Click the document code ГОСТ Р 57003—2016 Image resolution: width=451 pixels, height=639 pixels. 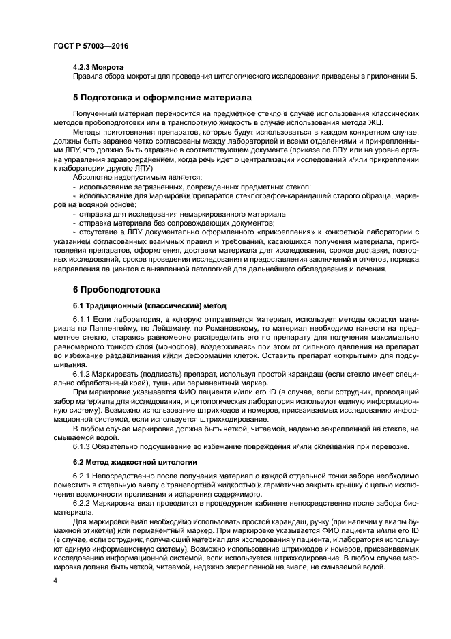coord(90,46)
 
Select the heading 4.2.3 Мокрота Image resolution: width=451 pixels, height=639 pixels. coord(98,68)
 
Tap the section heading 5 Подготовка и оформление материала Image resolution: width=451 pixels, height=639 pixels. coord(162,98)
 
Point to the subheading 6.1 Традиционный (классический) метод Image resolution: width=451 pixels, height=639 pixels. coord(149,305)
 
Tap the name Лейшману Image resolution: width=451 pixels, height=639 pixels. coord(159,327)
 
